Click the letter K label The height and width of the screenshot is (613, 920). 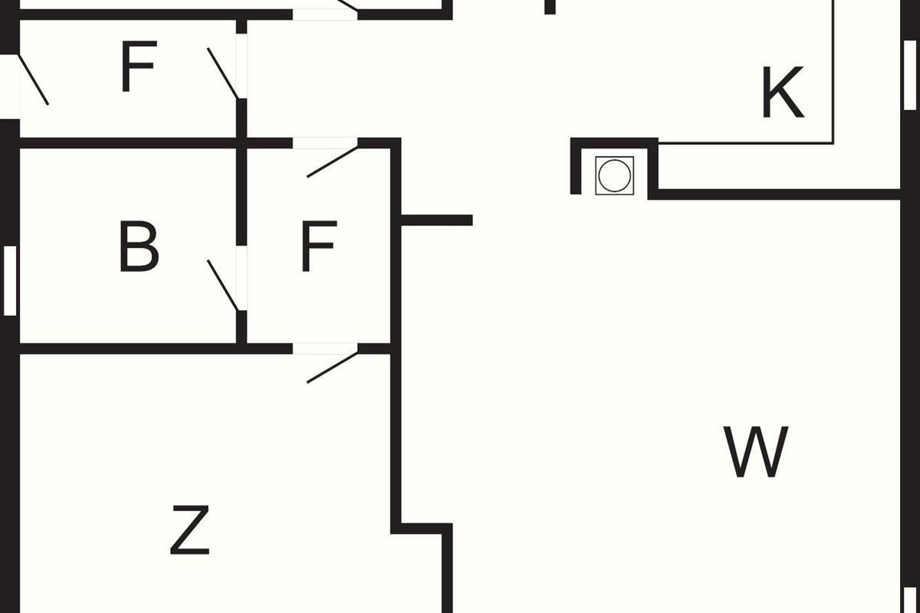coord(782,93)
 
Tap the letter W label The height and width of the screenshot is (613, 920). coord(756,452)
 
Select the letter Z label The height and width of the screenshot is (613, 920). coord(189,529)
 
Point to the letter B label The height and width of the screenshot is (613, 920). coord(139,247)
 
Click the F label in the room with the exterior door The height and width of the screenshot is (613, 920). coord(138,67)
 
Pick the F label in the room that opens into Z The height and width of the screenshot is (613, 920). coord(318,247)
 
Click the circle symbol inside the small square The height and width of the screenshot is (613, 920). coord(614,175)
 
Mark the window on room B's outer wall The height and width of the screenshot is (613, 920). coord(10,280)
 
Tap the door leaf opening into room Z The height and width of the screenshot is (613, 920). coord(333,366)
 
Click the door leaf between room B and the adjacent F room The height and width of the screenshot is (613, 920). coord(223,285)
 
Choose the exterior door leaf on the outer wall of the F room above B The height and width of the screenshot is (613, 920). coord(33,79)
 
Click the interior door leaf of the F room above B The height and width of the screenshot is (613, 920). coord(223,73)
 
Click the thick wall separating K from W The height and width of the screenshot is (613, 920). coord(774,194)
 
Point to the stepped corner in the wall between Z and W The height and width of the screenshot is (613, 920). coord(422,528)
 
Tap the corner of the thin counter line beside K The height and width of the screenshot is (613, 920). coord(833,143)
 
